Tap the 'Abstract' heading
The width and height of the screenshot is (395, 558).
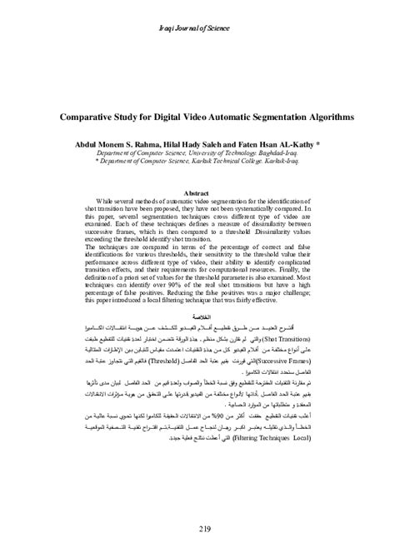tap(197, 192)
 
